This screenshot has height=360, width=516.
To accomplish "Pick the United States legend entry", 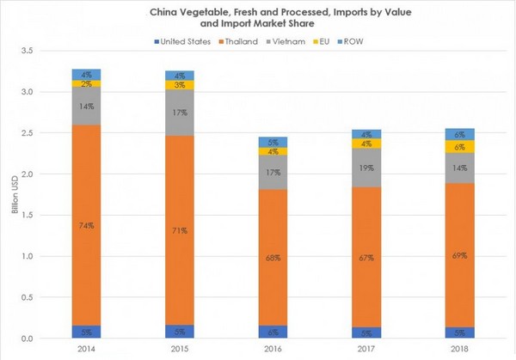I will pos(181,40).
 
